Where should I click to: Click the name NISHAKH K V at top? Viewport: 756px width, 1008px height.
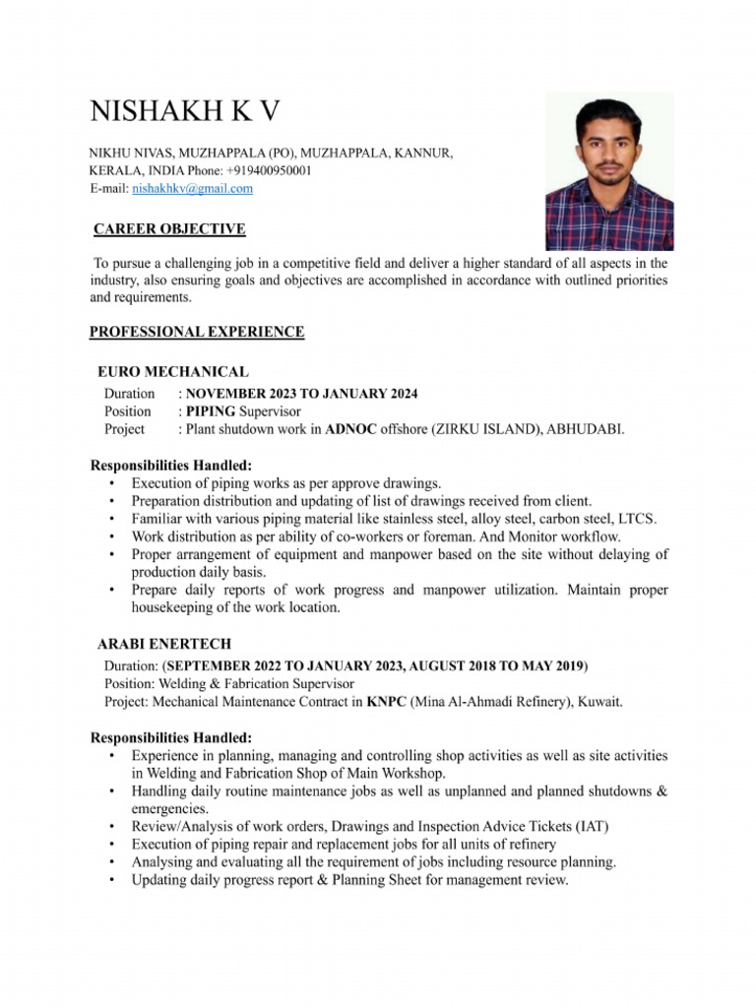[184, 111]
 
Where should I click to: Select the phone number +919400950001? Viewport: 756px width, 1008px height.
[269, 170]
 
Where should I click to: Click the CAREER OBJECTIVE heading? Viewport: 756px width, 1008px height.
[169, 229]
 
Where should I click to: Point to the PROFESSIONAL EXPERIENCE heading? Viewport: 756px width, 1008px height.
[197, 332]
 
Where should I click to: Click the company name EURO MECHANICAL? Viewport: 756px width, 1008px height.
[173, 372]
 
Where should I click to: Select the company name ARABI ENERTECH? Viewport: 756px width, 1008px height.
[164, 644]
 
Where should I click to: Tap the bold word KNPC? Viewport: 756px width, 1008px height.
[385, 702]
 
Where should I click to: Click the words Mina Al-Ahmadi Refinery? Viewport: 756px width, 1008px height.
[483, 702]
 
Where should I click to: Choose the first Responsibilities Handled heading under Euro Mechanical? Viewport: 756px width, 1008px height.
[171, 465]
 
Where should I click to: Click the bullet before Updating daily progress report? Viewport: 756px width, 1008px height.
[112, 881]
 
